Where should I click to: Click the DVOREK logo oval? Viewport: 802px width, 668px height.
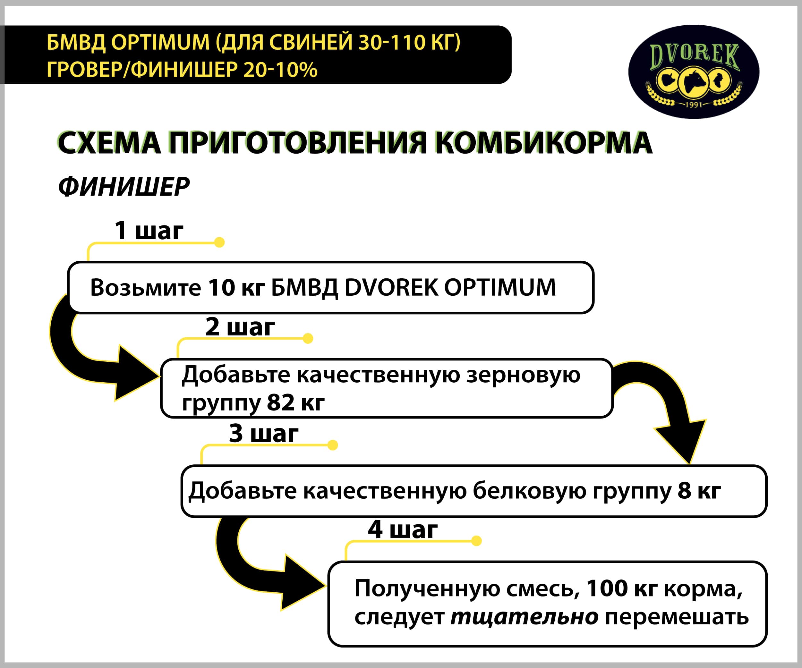pyautogui.click(x=694, y=72)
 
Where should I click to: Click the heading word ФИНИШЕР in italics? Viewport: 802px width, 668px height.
pyautogui.click(x=124, y=187)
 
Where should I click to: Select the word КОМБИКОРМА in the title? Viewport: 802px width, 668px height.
pyautogui.click(x=544, y=143)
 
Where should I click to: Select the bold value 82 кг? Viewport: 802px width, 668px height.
pyautogui.click(x=296, y=402)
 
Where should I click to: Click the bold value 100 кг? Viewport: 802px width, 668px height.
pyautogui.click(x=621, y=588)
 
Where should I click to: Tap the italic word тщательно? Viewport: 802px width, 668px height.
pyautogui.click(x=525, y=617)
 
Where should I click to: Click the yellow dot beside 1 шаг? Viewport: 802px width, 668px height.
pyautogui.click(x=219, y=242)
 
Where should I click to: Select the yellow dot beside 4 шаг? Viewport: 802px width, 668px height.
pyautogui.click(x=476, y=541)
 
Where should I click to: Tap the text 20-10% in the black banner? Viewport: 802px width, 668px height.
pyautogui.click(x=280, y=70)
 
